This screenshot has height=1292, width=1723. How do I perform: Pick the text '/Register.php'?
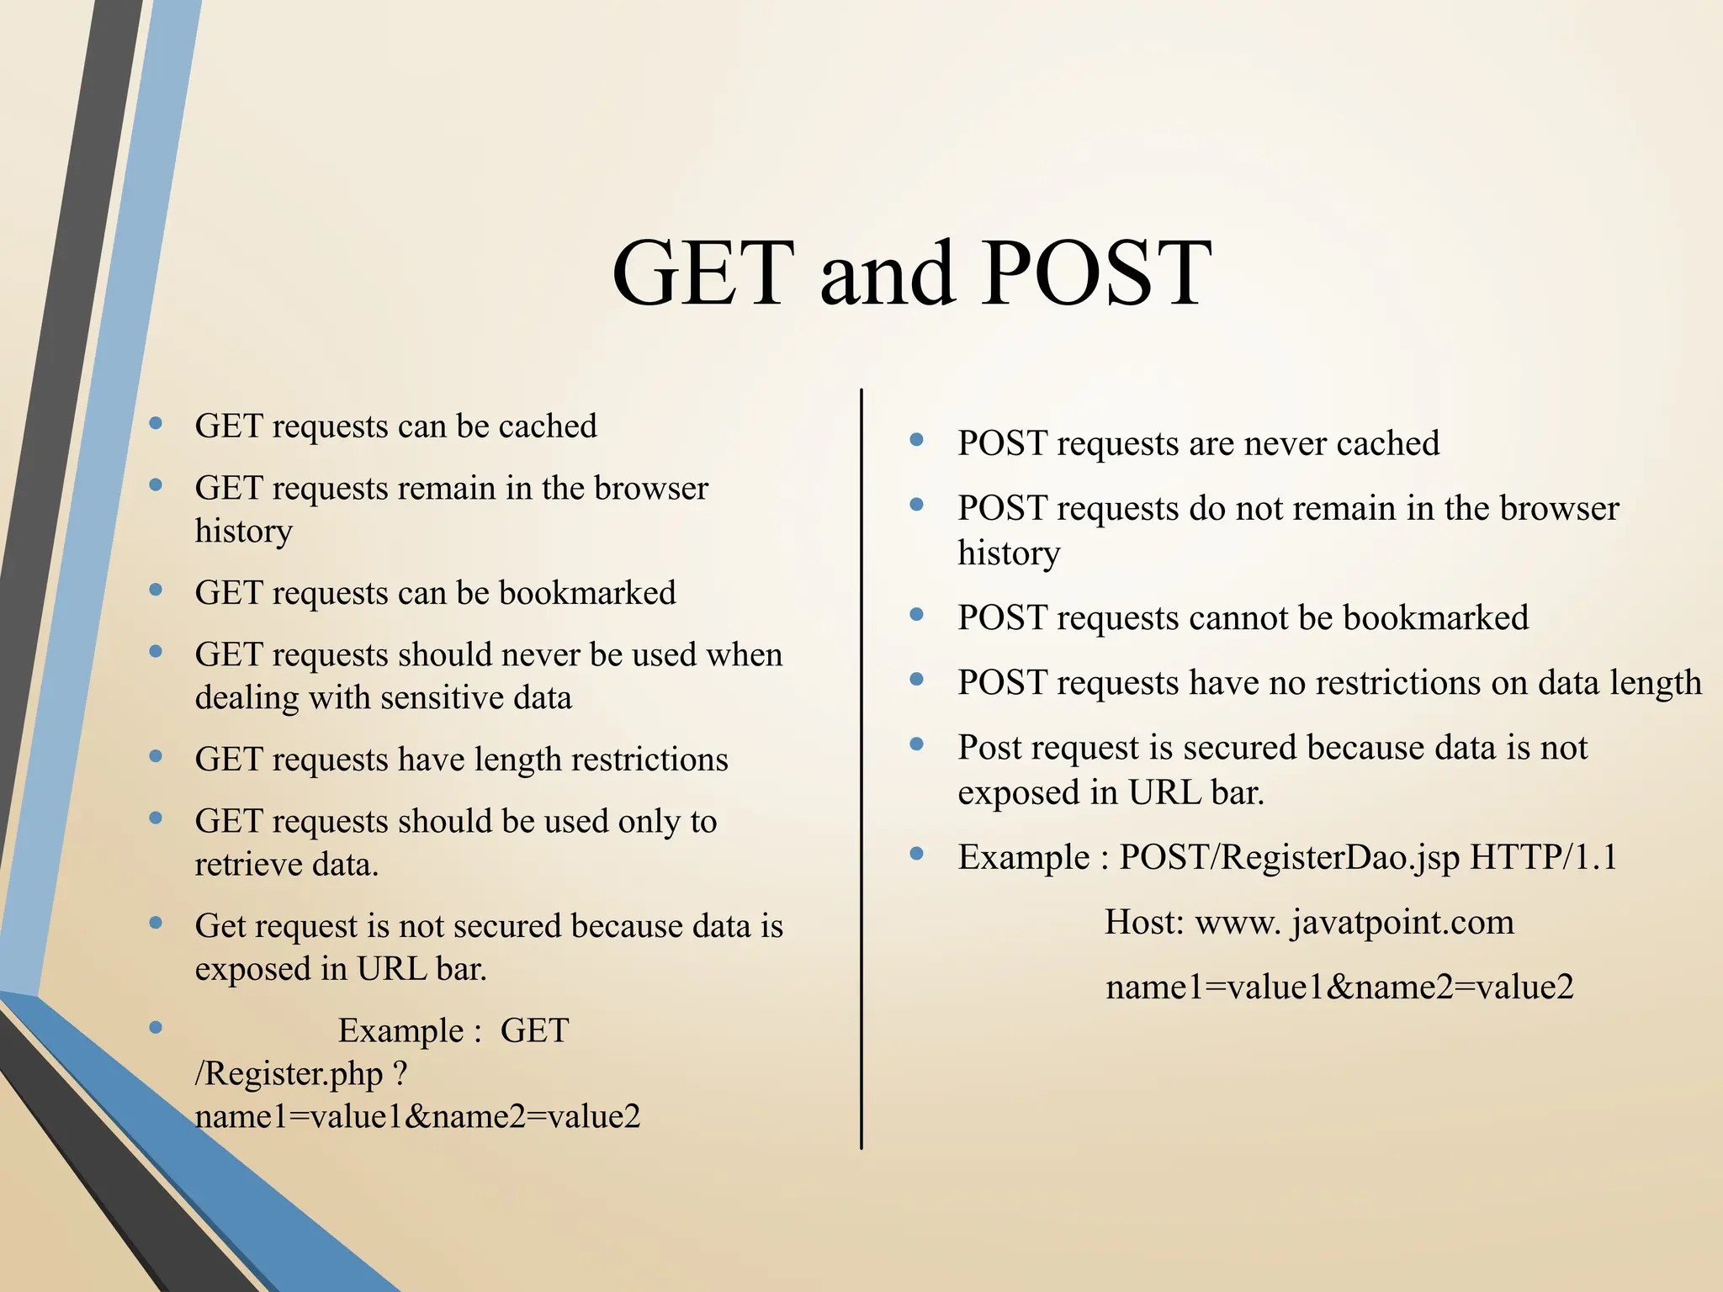(x=289, y=1074)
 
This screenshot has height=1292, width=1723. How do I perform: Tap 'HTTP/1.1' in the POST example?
(x=1544, y=858)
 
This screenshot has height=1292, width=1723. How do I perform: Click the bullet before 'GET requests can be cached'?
(x=156, y=423)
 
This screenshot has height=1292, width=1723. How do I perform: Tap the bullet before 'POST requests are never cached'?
(x=917, y=440)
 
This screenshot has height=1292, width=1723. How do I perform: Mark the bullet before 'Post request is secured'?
(x=917, y=744)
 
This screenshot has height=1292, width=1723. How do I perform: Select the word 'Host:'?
(x=1144, y=923)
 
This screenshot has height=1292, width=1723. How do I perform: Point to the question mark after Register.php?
(x=400, y=1074)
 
